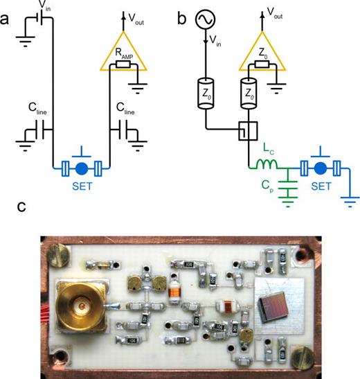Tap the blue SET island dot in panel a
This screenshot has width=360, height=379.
(82, 168)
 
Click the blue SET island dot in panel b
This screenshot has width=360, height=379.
(319, 168)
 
